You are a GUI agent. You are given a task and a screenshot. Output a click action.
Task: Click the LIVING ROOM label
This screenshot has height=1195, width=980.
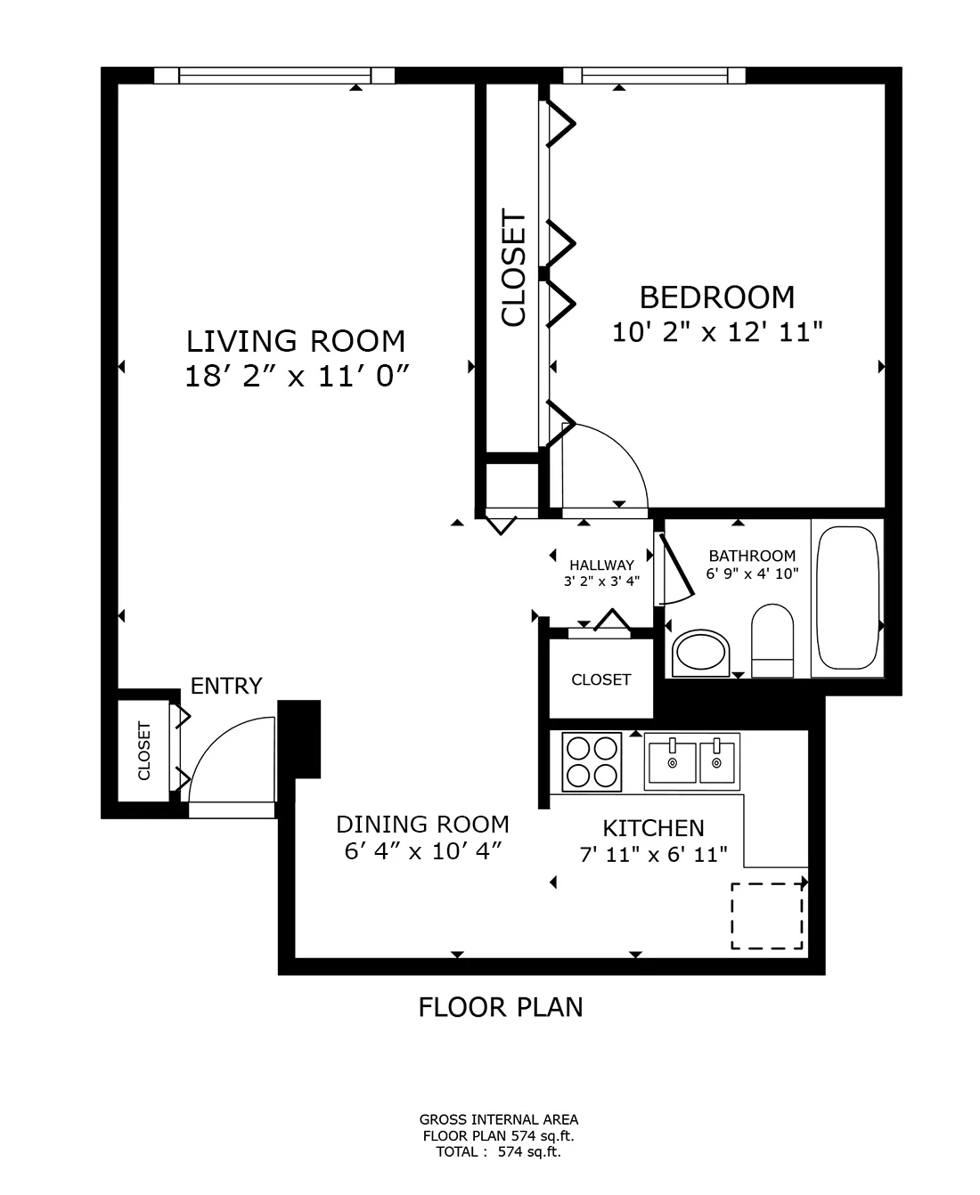[296, 341]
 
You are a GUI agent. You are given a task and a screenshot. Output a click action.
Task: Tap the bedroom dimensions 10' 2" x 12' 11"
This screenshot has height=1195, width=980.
[717, 332]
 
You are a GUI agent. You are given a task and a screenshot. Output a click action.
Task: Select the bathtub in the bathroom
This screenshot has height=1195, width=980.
[846, 597]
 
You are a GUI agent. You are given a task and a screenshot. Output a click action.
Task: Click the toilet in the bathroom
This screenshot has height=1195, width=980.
[772, 640]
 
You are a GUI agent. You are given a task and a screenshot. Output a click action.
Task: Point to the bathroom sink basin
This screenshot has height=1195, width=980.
[700, 652]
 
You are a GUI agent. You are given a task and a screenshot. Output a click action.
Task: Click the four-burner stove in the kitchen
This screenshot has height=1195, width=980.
[592, 762]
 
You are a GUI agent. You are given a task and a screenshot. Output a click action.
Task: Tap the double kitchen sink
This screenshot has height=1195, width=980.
[692, 762]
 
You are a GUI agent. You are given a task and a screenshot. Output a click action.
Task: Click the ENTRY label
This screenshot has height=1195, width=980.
[226, 687]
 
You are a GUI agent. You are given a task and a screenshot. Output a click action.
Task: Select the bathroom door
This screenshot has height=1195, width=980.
[676, 565]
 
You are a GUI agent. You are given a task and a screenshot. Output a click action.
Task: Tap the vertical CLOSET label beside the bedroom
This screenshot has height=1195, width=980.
[514, 267]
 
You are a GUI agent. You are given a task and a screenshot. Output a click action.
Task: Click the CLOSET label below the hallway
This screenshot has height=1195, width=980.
[600, 680]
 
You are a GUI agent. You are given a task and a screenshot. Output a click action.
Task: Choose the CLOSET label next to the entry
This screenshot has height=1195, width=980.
[144, 751]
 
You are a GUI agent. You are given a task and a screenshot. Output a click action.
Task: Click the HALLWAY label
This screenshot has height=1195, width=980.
[601, 565]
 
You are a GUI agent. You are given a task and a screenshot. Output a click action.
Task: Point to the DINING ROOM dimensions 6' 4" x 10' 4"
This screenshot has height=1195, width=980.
[423, 851]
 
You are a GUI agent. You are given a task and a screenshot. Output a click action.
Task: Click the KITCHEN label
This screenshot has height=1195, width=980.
[654, 828]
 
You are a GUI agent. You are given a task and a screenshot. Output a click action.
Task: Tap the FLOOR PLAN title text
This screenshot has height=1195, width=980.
[501, 1007]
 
